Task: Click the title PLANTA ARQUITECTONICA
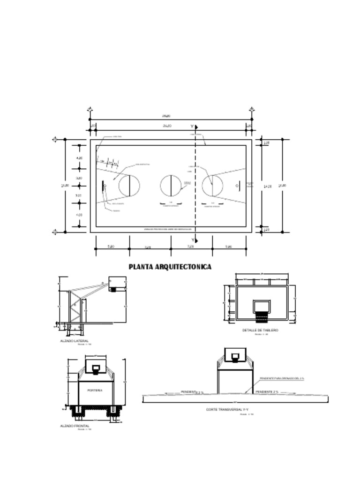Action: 170,267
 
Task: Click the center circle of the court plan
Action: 171,185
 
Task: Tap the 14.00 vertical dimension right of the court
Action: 268,186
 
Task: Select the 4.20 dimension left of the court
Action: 79,158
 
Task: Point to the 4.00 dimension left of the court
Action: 79,215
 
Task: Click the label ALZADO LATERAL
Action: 74,341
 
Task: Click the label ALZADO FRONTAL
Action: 75,426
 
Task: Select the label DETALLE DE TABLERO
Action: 260,330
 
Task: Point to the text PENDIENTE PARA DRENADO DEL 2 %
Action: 282,378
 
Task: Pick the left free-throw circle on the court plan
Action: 129,185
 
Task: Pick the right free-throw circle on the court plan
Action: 212,185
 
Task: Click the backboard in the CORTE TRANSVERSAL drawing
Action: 235,355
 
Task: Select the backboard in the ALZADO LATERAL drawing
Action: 117,282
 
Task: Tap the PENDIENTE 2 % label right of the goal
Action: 267,391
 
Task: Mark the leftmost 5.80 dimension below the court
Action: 111,247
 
